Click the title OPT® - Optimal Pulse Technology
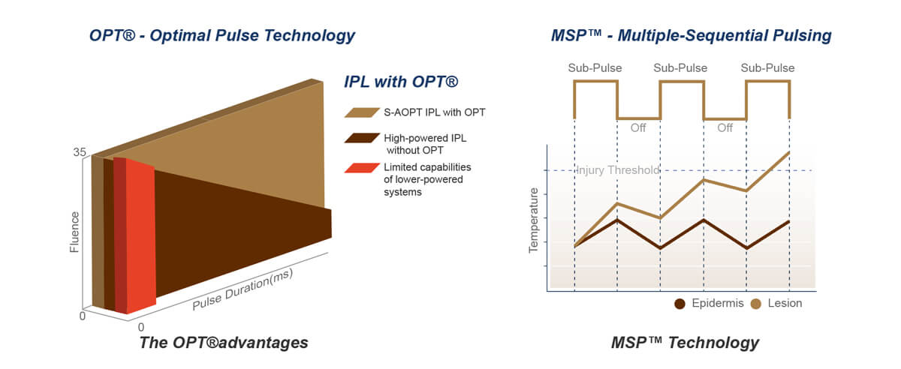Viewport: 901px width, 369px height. point(221,35)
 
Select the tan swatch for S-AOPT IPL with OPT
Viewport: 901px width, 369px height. point(362,112)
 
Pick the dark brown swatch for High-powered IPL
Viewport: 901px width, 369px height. point(362,138)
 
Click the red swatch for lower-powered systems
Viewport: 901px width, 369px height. point(362,167)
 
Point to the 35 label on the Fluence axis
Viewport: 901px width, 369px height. point(80,152)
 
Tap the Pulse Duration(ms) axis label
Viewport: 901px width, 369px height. point(242,289)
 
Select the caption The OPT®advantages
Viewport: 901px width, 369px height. point(223,343)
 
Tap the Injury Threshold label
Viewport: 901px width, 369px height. point(617,170)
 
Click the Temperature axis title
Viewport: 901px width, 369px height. point(535,220)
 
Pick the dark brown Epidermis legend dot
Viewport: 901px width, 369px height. point(680,304)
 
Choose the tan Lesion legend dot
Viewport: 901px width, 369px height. point(756,304)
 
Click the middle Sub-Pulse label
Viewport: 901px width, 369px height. point(681,67)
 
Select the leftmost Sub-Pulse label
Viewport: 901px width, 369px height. point(595,67)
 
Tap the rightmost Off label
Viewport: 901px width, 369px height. point(725,128)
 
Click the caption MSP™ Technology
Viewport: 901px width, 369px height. point(684,343)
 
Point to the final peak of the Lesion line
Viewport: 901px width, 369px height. point(789,152)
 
